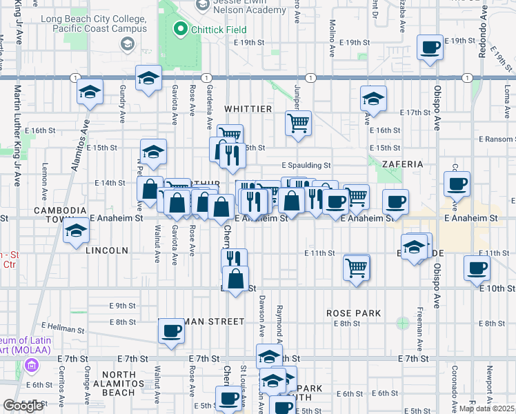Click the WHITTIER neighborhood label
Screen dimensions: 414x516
pos(248,109)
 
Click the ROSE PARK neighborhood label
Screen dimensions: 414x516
pos(354,313)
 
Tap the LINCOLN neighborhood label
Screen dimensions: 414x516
pos(107,250)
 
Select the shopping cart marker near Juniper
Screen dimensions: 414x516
pos(299,124)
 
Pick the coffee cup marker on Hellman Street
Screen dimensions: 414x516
pos(171,331)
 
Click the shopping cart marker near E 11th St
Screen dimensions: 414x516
pos(356,267)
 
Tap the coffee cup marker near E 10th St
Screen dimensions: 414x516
pos(477,268)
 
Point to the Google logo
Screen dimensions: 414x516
pos(23,406)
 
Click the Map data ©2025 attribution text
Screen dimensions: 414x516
pos(486,408)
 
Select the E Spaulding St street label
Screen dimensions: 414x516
pos(306,165)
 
